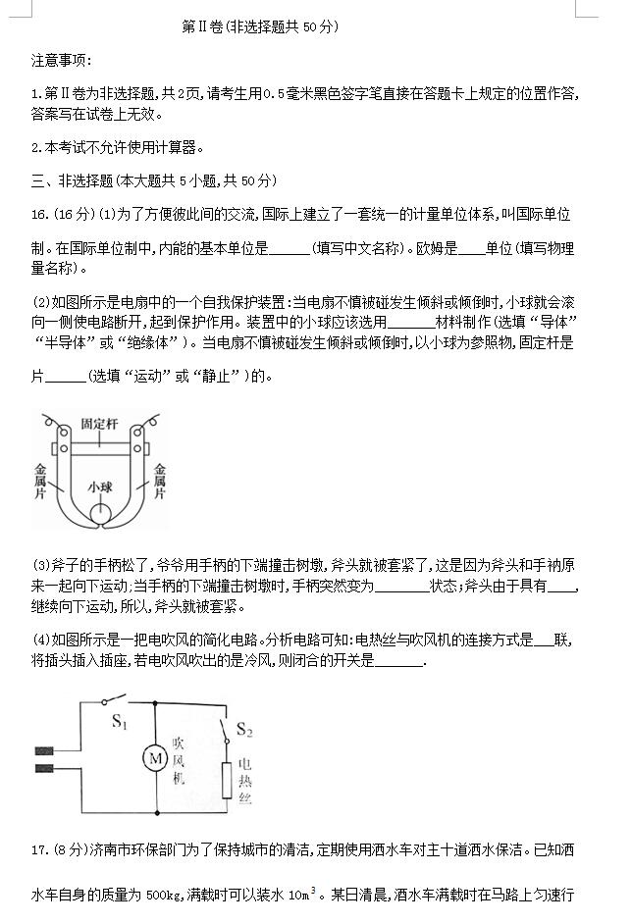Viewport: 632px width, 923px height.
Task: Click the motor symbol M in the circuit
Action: [155, 757]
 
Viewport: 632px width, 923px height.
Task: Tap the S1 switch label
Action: [120, 722]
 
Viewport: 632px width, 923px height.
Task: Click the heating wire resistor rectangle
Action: [227, 780]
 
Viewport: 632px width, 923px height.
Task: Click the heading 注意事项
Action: [61, 61]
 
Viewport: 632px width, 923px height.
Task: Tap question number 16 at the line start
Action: [40, 214]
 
